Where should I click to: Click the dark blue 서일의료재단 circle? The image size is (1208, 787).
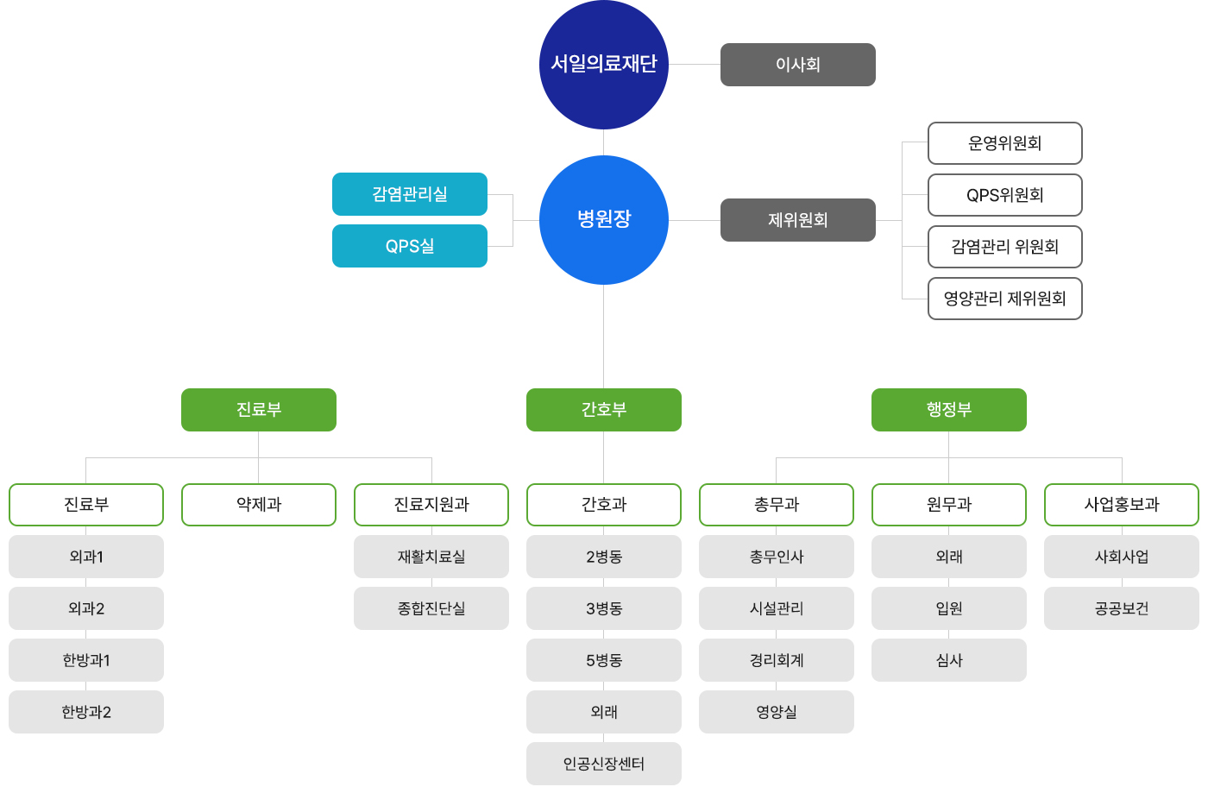coord(603,64)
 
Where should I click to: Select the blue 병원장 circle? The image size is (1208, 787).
coord(603,220)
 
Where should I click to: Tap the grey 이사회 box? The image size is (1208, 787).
coord(797,65)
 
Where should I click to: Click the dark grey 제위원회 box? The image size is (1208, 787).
coord(797,220)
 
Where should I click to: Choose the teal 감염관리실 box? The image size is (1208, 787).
coord(410,194)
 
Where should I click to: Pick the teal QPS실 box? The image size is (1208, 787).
coord(410,246)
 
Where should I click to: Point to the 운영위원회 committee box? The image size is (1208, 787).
coord(1004,143)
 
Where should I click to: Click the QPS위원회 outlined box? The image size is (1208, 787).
coord(1004,195)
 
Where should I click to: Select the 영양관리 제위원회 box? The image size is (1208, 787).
coord(1004,299)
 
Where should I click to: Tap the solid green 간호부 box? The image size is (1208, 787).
coord(603,410)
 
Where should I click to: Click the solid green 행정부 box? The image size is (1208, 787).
coord(948,410)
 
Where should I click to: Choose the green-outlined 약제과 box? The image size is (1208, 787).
coord(259,505)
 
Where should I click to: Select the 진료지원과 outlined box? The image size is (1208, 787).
coord(431,505)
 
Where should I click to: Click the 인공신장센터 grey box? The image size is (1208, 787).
coord(603,764)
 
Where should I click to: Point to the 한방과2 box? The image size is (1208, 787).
coord(86,712)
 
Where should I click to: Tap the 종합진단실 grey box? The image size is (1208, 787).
coord(431,608)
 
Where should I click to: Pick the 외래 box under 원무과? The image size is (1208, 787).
coord(948,557)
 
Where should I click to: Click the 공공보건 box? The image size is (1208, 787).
coord(1121,608)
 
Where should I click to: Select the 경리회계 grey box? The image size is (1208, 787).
coord(776,660)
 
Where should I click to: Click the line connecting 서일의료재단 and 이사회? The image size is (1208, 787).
coord(695,65)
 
